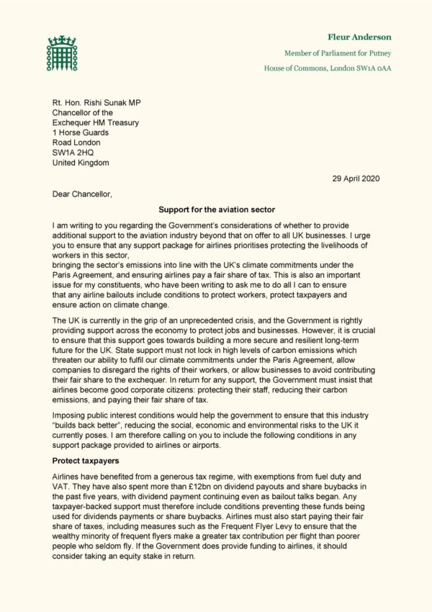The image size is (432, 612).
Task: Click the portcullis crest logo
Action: (62, 53)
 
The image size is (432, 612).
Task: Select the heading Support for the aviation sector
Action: (215, 210)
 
